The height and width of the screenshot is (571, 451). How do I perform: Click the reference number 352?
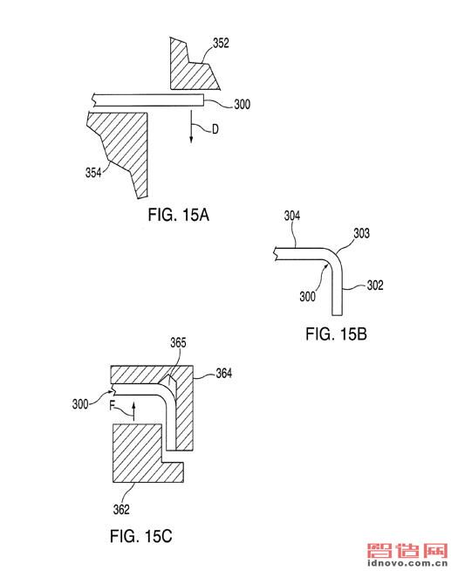click(221, 43)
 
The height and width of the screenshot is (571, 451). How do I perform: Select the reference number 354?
click(93, 172)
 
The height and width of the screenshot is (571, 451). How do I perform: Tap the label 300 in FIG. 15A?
click(242, 105)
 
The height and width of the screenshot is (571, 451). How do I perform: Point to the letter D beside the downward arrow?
click(215, 129)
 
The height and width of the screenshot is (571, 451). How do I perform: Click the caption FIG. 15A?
click(178, 215)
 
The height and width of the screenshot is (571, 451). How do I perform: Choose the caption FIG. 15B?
click(336, 334)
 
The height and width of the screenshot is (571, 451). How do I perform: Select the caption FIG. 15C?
click(140, 536)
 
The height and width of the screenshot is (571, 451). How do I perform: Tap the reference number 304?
click(292, 216)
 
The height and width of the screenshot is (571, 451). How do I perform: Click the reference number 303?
click(361, 233)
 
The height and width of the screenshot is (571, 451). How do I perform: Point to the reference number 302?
click(375, 285)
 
